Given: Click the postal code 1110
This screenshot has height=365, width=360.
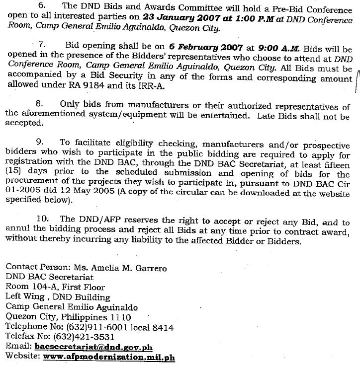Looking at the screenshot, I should tap(121, 317).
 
